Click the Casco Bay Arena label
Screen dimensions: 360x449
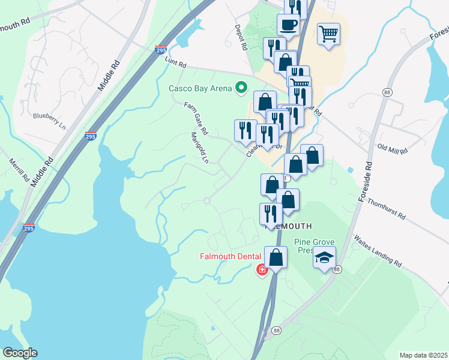(200, 89)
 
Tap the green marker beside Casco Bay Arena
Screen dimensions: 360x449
(242, 89)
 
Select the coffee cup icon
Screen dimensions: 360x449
(288, 25)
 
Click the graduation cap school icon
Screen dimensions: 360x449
(325, 258)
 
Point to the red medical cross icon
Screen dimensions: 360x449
(262, 270)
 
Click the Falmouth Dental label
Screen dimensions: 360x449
(228, 257)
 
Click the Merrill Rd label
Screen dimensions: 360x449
(19, 171)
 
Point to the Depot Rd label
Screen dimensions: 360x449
(241, 37)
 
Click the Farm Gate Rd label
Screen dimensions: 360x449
(196, 118)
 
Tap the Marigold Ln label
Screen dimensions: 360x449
(199, 148)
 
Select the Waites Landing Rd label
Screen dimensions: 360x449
(378, 251)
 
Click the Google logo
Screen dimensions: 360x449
(19, 353)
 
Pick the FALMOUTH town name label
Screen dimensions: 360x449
(289, 226)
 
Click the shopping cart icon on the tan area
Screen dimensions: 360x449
(328, 33)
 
